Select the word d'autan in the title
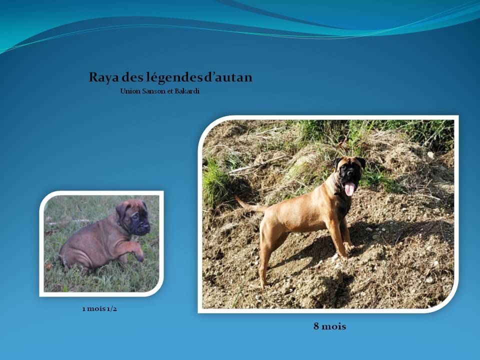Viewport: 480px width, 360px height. pos(228,77)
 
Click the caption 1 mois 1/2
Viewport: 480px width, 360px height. pos(99,308)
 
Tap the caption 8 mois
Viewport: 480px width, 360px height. pos(329,326)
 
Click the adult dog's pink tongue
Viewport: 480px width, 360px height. pos(349,188)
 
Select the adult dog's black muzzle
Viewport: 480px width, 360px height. pos(350,173)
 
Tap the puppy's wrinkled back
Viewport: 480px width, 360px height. pos(95,232)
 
